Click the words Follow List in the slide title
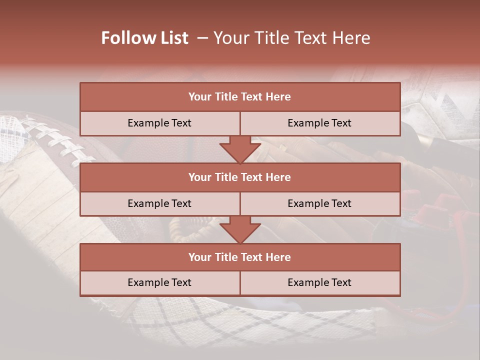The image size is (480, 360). (x=144, y=38)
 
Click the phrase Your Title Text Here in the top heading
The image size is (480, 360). (x=292, y=38)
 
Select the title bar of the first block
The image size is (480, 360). (x=240, y=97)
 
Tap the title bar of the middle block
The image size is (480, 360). (x=240, y=177)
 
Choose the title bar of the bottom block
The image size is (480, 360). (x=240, y=257)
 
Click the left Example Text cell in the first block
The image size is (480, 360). (x=159, y=123)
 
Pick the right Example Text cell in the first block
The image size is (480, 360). (x=319, y=123)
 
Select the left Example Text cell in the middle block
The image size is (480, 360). (x=159, y=204)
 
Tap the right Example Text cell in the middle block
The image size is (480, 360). (x=319, y=204)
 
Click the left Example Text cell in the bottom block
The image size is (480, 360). (x=159, y=283)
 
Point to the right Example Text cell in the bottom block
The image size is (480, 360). (x=319, y=283)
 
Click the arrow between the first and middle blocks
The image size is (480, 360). (x=240, y=149)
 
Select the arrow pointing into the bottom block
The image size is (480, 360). (x=240, y=229)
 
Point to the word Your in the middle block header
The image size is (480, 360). (x=199, y=177)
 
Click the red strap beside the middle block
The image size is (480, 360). (x=440, y=210)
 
